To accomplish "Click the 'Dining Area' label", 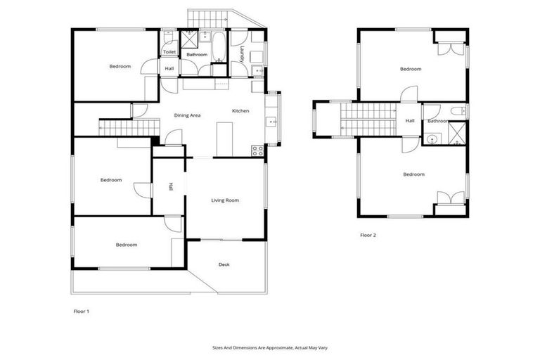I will pyautogui.click(x=188, y=115).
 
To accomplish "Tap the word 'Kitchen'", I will pyautogui.click(x=241, y=111).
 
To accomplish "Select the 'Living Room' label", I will pyautogui.click(x=225, y=200).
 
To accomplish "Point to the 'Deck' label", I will pyautogui.click(x=224, y=264).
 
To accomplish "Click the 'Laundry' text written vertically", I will pyautogui.click(x=242, y=54).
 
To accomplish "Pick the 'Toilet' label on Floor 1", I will pyautogui.click(x=169, y=52).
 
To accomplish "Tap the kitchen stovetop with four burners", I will pyautogui.click(x=257, y=149).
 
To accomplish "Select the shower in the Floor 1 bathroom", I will pyautogui.click(x=191, y=39).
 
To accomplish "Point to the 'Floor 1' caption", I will pyautogui.click(x=82, y=310).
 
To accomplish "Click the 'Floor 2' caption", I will pyautogui.click(x=368, y=235).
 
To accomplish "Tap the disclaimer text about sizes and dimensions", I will pyautogui.click(x=270, y=347).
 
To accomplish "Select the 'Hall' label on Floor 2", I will pyautogui.click(x=410, y=121).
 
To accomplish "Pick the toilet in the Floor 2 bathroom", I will pyautogui.click(x=457, y=110).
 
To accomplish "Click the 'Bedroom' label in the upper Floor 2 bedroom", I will pyautogui.click(x=411, y=69).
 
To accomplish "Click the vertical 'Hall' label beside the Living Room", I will pyautogui.click(x=170, y=187).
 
